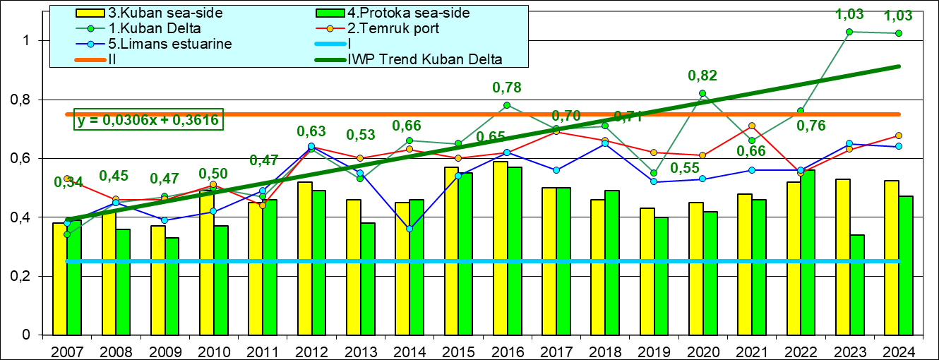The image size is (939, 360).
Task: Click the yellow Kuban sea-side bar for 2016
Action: [501, 248]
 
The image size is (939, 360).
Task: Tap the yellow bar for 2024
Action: [891, 258]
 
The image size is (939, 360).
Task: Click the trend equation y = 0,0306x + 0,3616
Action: [149, 120]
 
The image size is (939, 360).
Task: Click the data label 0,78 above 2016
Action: [506, 88]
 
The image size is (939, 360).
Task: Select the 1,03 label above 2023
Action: [849, 14]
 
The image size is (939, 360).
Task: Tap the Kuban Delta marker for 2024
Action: [898, 33]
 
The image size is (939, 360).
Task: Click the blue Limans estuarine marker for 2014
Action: [409, 229]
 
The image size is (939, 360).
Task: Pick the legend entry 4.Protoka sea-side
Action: [409, 13]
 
